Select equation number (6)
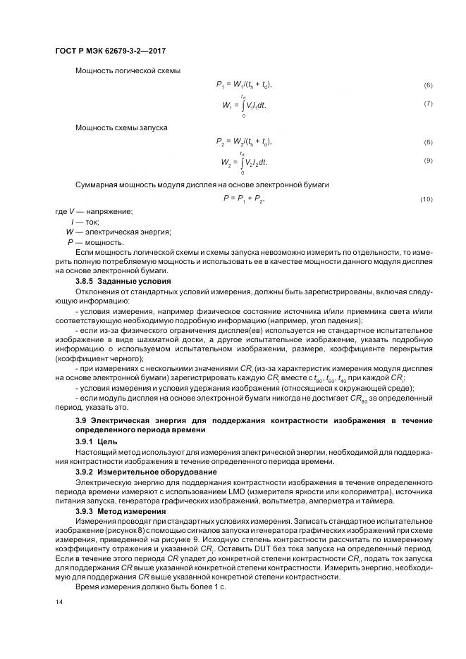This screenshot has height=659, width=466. click(x=427, y=85)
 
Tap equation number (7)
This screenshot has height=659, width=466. click(x=427, y=104)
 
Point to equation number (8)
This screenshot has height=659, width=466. click(x=427, y=143)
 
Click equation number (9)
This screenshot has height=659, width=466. click(x=427, y=161)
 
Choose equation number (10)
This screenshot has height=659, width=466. click(x=426, y=200)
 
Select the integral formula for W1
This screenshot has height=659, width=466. click(x=244, y=105)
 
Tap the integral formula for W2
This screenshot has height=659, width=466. click(x=244, y=163)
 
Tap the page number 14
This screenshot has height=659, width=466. click(x=58, y=602)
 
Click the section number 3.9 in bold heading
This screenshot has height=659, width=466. click(x=80, y=420)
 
